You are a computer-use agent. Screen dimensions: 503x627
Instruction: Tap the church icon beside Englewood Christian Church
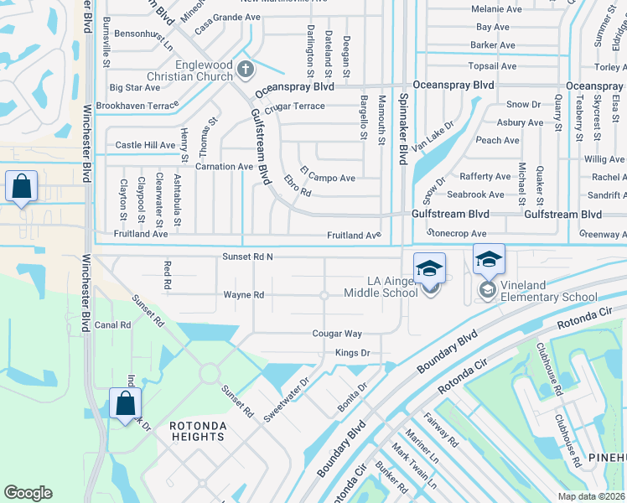(x=245, y=68)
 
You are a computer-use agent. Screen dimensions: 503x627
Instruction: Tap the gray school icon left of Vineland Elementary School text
(x=487, y=290)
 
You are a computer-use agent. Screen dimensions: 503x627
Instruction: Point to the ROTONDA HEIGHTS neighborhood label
(x=198, y=432)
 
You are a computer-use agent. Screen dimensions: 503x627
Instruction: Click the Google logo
(x=28, y=493)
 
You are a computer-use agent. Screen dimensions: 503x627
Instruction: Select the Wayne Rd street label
(x=244, y=295)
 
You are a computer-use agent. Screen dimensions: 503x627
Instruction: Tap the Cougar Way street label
(x=337, y=334)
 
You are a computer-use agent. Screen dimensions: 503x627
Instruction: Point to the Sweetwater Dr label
(x=287, y=398)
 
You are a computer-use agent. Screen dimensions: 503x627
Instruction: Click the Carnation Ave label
(x=224, y=167)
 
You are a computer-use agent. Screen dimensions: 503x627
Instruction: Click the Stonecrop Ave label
(x=457, y=234)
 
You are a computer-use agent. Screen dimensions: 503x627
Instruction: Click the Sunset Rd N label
(x=248, y=256)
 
